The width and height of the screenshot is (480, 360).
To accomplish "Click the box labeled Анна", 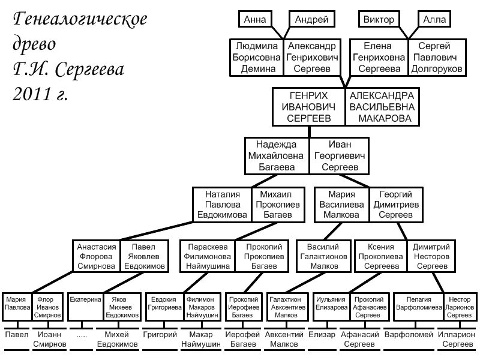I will pos(255,20).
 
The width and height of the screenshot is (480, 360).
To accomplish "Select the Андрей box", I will pos(311,20).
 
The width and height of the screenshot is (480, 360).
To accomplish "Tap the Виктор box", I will pos(379,20).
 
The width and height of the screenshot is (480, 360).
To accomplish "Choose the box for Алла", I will pos(435,20).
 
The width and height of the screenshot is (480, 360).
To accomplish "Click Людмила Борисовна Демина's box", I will pos(257,58).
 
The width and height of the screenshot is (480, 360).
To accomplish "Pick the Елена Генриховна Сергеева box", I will pos(379,58).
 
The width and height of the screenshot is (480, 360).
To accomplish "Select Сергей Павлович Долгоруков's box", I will pos(437,58).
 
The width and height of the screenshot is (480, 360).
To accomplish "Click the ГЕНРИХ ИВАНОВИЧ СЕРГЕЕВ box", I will pos(309,107).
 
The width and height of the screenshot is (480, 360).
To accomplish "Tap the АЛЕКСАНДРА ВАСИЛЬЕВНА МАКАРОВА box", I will pos(382,107).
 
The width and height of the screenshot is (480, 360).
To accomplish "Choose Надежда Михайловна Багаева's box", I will pos(277,155).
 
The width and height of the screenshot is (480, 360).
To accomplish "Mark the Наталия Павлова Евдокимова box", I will pos(222,205).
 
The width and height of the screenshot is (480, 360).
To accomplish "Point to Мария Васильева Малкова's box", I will pos(341,205).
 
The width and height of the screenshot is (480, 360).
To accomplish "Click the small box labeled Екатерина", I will pos(85,306).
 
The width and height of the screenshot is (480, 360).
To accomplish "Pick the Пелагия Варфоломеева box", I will pos(419,306).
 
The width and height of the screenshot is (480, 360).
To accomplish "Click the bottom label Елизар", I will pos(323,335).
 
